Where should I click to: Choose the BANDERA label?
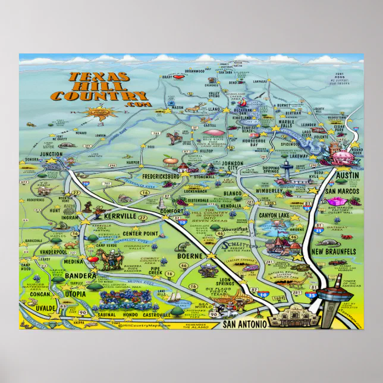(x=78, y=277)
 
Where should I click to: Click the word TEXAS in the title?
(x=98, y=77)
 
